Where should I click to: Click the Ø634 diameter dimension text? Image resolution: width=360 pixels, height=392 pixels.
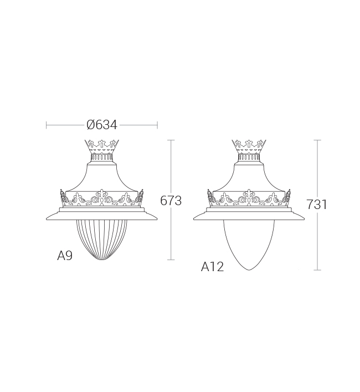(101, 125)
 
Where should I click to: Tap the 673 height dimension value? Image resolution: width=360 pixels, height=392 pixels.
(171, 201)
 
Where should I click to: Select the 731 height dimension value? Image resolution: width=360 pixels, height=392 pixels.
(317, 204)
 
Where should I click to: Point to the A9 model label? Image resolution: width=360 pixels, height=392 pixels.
(65, 256)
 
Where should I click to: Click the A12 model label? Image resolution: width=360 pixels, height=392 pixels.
(212, 267)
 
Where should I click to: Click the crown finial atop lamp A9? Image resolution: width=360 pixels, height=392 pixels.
(101, 146)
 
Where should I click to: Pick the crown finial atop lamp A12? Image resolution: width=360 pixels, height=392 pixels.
(249, 146)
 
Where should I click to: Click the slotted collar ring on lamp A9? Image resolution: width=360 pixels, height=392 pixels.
(101, 157)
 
